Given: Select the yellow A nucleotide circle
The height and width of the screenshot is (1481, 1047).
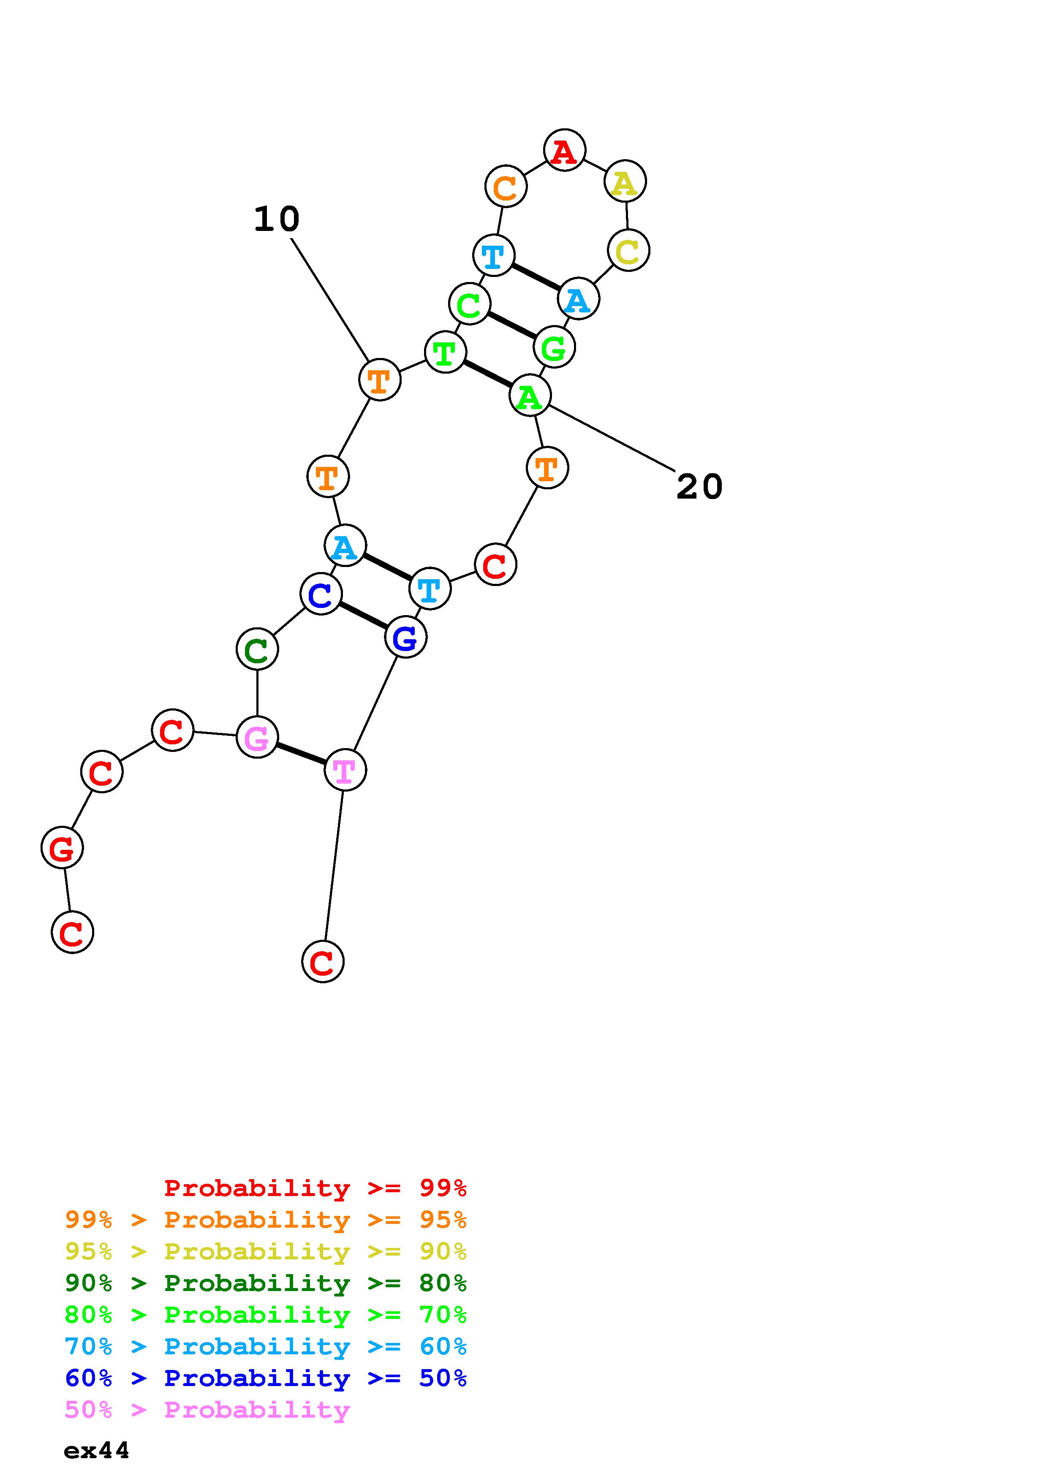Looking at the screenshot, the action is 625,182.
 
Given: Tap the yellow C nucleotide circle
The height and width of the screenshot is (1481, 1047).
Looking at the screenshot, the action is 628,250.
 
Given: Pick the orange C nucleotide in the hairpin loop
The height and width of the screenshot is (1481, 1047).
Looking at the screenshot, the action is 506,187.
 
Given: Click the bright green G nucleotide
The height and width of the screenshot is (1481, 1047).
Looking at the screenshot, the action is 554,347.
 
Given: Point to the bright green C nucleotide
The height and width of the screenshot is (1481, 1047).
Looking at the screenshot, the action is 469,304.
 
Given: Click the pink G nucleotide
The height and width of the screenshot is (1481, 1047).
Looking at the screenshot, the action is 257,737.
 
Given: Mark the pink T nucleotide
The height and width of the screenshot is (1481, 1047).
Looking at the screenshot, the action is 345,770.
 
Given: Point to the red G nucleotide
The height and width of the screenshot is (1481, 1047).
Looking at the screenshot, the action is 62,848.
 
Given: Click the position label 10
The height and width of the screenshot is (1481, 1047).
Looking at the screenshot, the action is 276,219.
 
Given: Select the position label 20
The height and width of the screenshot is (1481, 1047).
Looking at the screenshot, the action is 699,486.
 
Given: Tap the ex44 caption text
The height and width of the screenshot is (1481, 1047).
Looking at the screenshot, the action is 97,1450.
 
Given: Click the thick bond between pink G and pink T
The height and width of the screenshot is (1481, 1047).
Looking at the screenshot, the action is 301,754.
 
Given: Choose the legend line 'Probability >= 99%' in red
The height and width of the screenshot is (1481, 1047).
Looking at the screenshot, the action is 315,1188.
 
